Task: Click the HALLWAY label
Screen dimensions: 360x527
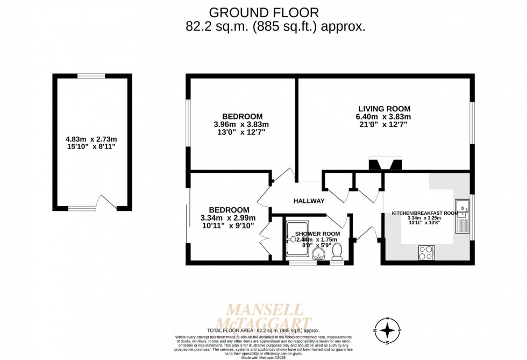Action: click(x=309, y=201)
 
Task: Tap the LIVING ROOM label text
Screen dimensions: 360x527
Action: click(x=383, y=109)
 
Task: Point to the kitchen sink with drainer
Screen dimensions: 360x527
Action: click(x=462, y=216)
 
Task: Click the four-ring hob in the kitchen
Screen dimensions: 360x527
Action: click(x=426, y=253)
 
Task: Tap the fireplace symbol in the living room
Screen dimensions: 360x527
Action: click(x=384, y=164)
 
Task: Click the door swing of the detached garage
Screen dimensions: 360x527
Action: click(x=105, y=202)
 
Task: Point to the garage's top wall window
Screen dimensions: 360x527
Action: click(x=91, y=76)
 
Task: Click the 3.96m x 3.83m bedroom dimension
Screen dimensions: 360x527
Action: click(x=241, y=124)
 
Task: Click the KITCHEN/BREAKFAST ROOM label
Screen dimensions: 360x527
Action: click(x=424, y=213)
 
